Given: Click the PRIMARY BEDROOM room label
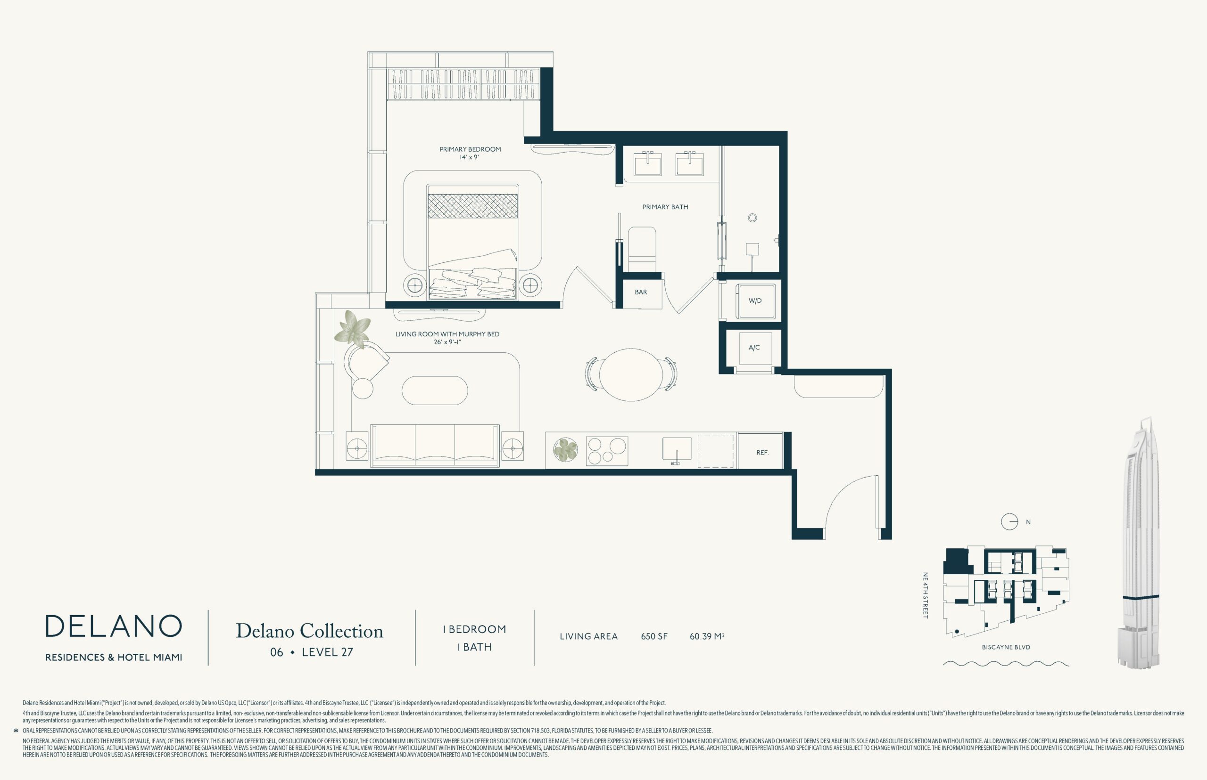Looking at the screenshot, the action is tap(470, 149).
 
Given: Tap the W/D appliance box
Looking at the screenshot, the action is tap(755, 301).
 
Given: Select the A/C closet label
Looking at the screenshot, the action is tap(754, 348).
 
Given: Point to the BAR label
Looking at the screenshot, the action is tap(641, 292).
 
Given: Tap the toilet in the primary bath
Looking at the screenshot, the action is tap(642, 249).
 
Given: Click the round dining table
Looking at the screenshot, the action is tap(631, 375).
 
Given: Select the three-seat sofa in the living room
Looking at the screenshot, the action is tap(434, 445).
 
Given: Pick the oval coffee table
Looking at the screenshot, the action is tap(434, 390).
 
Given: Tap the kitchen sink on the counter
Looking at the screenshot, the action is tap(677, 450).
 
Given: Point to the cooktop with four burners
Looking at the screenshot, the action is tap(607, 451).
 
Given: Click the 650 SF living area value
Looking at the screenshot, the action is tap(654, 636).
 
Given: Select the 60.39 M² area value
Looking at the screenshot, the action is tap(707, 636).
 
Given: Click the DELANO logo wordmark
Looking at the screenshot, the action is tap(114, 626).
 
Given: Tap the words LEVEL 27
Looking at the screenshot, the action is tap(328, 652).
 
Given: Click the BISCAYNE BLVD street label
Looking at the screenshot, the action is tap(1006, 647).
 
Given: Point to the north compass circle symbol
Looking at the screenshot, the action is tap(1009, 522).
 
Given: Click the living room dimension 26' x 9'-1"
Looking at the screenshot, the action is tap(447, 342).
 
